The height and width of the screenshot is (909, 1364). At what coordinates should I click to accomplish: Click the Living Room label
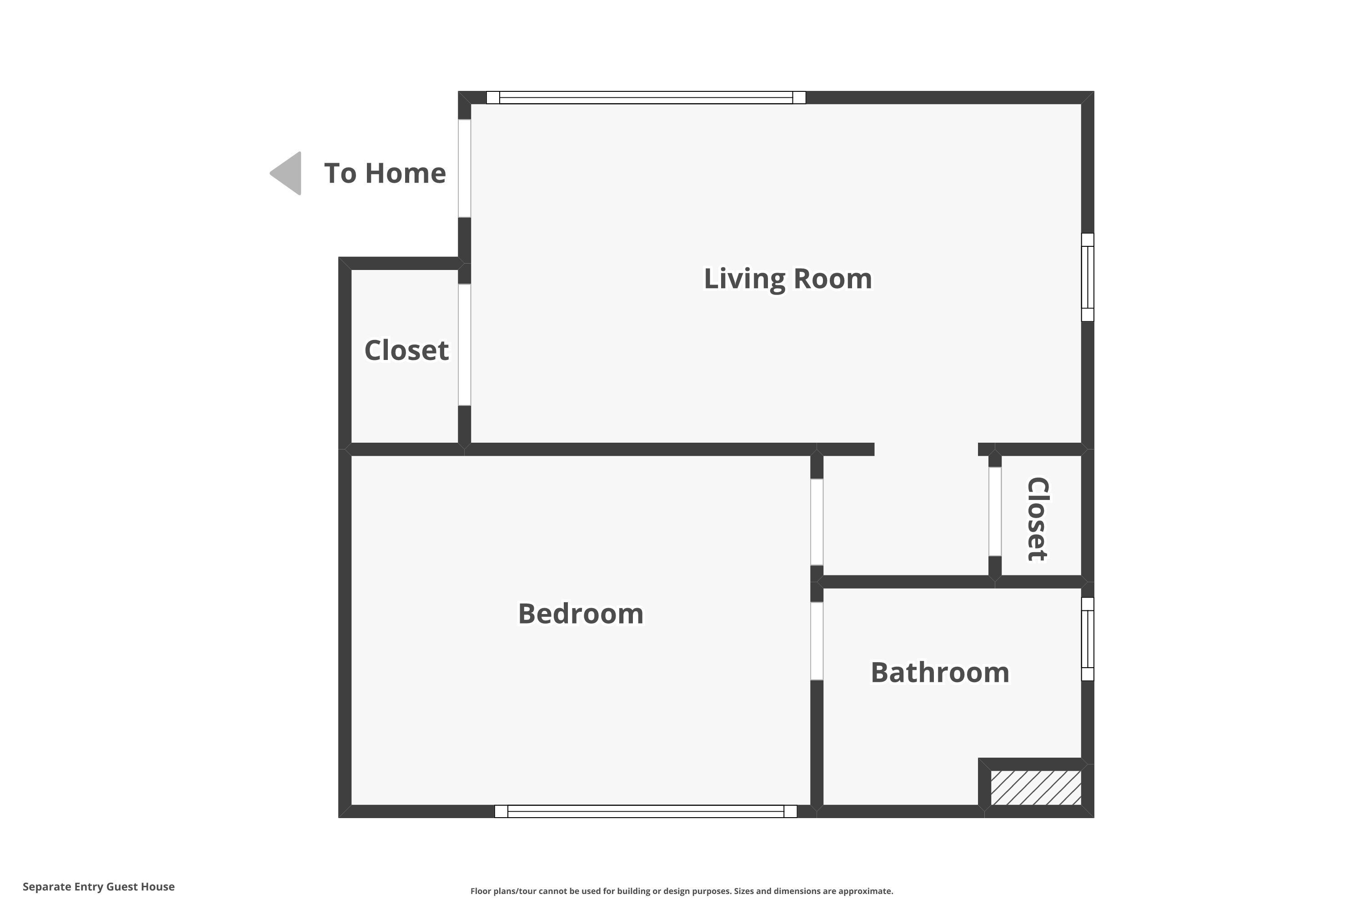tap(787, 279)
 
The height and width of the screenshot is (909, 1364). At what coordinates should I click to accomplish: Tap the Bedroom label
tap(581, 613)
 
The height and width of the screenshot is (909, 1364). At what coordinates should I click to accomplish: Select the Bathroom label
tap(939, 673)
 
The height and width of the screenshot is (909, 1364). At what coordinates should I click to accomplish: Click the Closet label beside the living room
tap(406, 350)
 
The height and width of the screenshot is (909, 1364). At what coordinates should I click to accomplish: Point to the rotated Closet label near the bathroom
tap(1038, 519)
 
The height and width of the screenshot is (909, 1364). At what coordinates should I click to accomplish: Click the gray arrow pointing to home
tap(287, 173)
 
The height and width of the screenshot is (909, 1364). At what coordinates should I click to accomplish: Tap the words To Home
tap(385, 173)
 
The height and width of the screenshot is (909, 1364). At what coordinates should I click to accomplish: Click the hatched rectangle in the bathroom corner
tap(1036, 787)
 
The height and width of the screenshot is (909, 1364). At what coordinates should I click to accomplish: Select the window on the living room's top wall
tap(646, 97)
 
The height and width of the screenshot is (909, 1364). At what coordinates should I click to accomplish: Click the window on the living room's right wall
tap(1088, 277)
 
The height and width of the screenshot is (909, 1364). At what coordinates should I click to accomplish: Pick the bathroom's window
tap(1088, 639)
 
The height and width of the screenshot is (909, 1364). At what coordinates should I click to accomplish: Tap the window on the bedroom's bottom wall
tap(646, 811)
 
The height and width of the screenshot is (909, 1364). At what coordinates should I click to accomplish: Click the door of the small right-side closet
tap(995, 511)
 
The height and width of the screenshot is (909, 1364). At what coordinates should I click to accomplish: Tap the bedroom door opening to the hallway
tap(817, 522)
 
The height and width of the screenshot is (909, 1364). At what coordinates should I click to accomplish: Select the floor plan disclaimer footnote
tap(682, 891)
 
